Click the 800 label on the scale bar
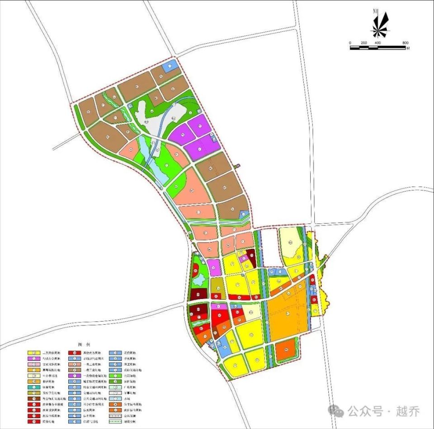coord(406,42)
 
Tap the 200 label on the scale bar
coord(364,42)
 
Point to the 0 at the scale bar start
coord(350,42)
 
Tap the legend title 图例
coord(84,345)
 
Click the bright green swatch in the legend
coord(115,376)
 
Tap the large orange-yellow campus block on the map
coord(287,317)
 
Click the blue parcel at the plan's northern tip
coord(170,66)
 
